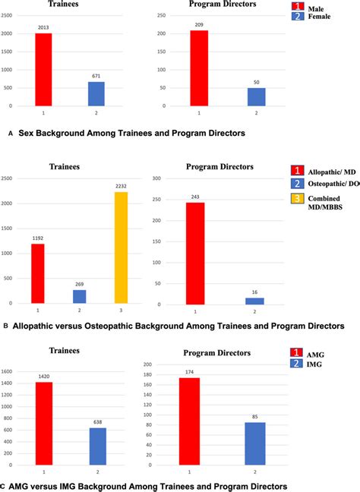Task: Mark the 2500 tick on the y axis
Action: pyautogui.click(x=14, y=178)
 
